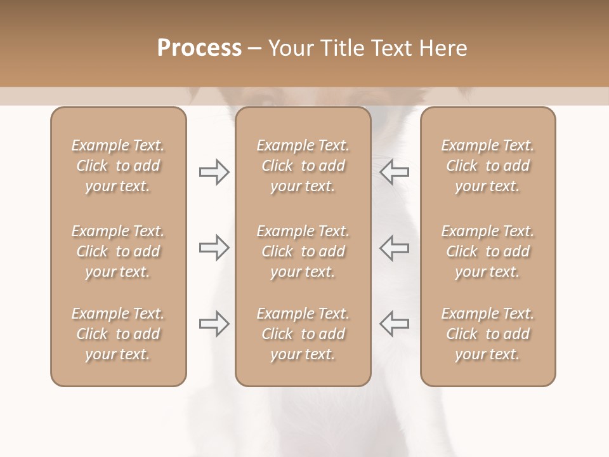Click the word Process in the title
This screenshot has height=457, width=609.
(x=199, y=48)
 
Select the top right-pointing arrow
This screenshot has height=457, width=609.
(x=214, y=172)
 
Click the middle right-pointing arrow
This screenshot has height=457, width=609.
(x=214, y=248)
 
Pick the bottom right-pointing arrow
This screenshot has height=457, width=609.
(x=214, y=324)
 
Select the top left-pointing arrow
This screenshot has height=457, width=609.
(x=394, y=172)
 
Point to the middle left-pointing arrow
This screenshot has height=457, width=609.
(x=394, y=248)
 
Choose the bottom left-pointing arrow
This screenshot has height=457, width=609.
(x=394, y=324)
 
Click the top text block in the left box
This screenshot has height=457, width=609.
(x=118, y=166)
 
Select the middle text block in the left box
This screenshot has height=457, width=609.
(x=118, y=251)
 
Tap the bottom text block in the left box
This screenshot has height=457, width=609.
(x=118, y=334)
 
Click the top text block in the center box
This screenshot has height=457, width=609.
(x=303, y=166)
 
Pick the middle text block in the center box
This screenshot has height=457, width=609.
(x=303, y=251)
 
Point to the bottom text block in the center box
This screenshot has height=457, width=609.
(x=303, y=334)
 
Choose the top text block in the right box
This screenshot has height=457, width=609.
(x=488, y=166)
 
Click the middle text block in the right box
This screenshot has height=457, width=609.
(x=488, y=251)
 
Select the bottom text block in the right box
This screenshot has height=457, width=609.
(x=488, y=334)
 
